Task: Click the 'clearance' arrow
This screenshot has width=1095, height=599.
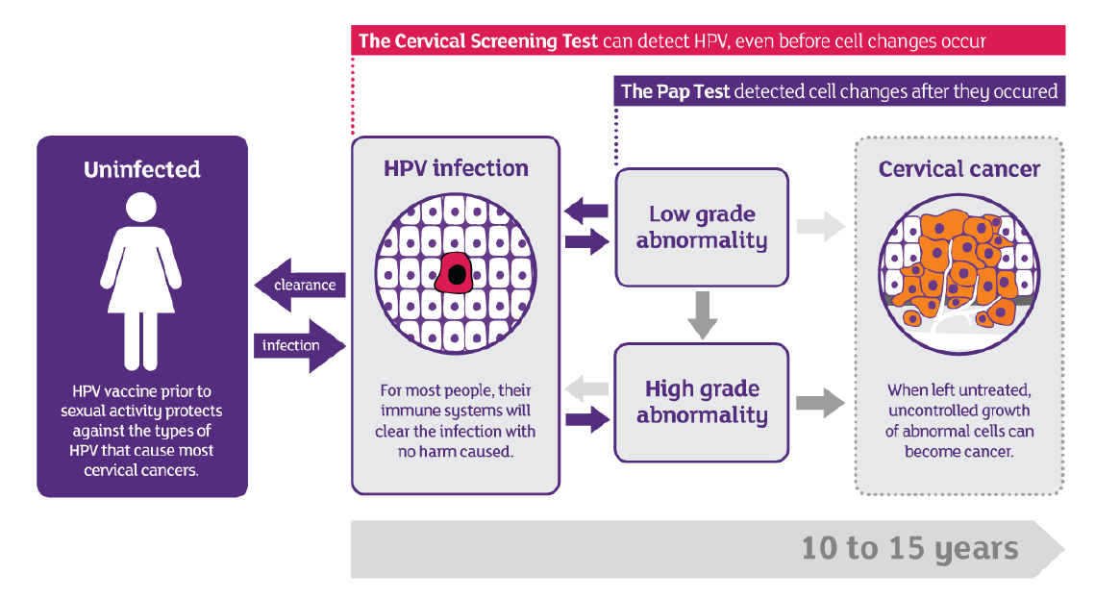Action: point(298,286)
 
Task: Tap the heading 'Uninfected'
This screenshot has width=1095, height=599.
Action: point(142,170)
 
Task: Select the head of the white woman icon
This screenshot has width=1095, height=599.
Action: point(142,206)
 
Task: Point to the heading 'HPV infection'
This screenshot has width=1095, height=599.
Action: point(456,168)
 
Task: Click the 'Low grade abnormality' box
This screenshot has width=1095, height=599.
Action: point(702,228)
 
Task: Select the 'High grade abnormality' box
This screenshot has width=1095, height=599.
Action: point(702,402)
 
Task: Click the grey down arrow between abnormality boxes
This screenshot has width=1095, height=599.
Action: point(703,314)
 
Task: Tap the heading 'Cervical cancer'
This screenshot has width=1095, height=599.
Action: point(958,170)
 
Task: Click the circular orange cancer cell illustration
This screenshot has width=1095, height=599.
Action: point(958,274)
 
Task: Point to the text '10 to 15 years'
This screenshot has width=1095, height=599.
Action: point(909,549)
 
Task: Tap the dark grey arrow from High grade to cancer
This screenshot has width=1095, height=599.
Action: point(820,402)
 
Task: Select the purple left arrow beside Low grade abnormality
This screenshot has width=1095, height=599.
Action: point(585,211)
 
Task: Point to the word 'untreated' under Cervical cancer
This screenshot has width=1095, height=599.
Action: point(997,390)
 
